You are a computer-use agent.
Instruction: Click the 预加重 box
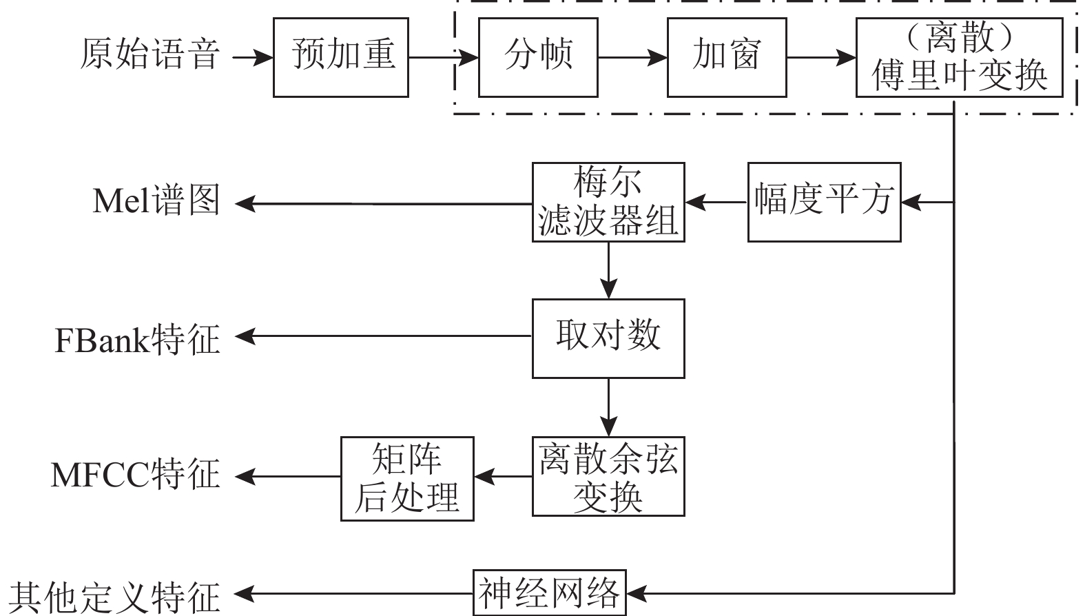tap(341, 57)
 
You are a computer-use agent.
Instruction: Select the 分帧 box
tap(538, 57)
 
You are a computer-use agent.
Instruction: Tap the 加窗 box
tap(727, 57)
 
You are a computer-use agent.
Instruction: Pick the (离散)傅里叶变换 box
tap(959, 57)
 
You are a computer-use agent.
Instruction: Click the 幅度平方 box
tap(824, 202)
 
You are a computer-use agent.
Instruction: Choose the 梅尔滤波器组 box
tap(608, 202)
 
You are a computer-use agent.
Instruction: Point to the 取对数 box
tap(608, 338)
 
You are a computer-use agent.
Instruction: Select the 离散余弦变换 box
tap(608, 476)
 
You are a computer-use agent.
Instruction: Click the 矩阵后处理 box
tap(407, 478)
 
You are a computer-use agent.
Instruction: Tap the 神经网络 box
tap(550, 592)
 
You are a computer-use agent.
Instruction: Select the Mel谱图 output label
tap(156, 201)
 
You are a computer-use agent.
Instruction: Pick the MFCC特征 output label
tap(135, 475)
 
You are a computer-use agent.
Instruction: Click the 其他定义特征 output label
tap(114, 596)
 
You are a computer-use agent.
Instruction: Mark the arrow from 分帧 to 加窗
tap(632, 57)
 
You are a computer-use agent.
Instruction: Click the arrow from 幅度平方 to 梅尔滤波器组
tap(716, 203)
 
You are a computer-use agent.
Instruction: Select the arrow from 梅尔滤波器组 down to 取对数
tap(608, 270)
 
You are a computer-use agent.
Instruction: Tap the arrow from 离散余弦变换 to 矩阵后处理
tap(503, 476)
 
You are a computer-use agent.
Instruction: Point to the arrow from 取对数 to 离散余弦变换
tap(608, 407)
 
